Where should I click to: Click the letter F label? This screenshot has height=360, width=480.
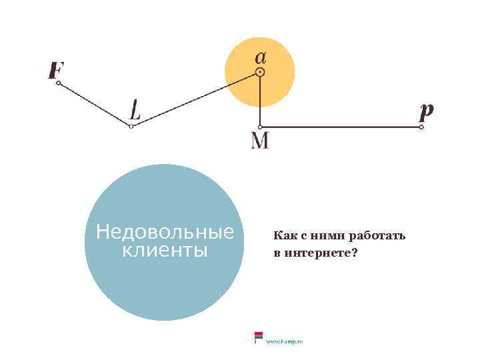pos(56,70)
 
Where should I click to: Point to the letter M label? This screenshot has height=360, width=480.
pos(260,141)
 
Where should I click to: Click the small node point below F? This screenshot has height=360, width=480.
pos(59,83)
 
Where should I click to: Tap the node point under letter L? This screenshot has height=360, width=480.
pos(131,126)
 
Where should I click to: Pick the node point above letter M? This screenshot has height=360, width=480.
pos(260,127)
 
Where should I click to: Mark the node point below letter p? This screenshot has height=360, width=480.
pos(421,127)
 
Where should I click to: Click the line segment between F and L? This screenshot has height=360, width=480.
pos(95,105)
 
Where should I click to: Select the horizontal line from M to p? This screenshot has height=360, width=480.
pos(340,127)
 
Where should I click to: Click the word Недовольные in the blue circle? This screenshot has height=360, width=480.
pos(165,233)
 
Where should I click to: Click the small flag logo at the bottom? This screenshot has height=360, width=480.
pos(257,337)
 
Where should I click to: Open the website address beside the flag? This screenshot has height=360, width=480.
pos(285,341)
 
